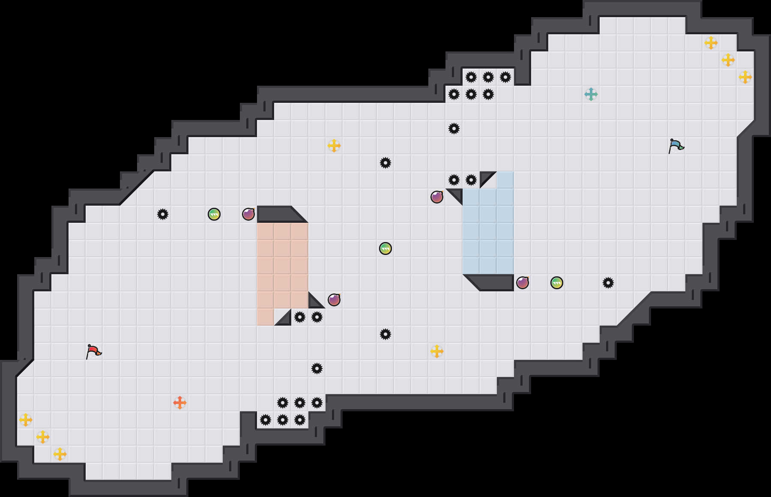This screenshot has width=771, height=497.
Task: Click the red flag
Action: [x=93, y=351]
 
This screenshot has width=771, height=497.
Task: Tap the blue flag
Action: [x=675, y=146]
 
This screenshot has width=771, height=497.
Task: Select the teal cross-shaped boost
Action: [x=591, y=94]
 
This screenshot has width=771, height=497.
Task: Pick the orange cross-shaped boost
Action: [x=180, y=403]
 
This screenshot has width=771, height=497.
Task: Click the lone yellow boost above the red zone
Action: [x=334, y=146]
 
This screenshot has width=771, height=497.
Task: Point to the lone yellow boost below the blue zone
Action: [x=437, y=351]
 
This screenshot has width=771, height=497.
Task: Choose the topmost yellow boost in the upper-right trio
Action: [x=711, y=43]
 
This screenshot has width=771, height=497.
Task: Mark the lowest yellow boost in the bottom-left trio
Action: [x=60, y=454]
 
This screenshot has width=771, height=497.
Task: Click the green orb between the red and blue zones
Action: [x=385, y=248]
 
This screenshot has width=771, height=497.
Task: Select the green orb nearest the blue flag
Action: [x=557, y=283]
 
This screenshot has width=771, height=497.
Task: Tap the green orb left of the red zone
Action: [x=214, y=214]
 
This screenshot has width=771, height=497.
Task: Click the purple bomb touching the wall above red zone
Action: [x=248, y=214]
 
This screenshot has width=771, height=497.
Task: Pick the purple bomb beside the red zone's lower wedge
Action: [x=334, y=300]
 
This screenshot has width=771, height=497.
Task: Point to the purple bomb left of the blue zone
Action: [x=437, y=197]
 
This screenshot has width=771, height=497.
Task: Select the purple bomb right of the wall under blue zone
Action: [x=523, y=283]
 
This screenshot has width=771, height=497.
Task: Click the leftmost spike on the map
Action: [x=163, y=214]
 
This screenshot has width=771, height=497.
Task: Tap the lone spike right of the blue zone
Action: [x=608, y=283]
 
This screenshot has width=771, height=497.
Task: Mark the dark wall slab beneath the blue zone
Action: [x=493, y=282]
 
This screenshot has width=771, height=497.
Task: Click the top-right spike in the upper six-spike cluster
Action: [x=505, y=77]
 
